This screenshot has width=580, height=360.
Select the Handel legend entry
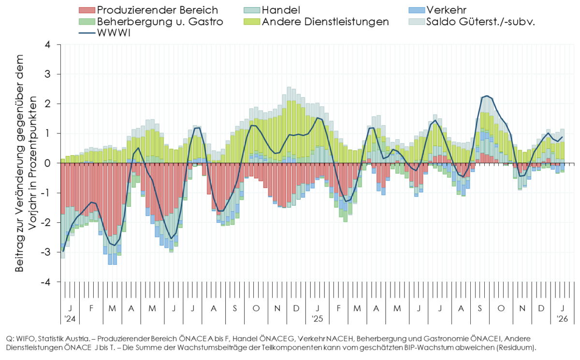[x=280, y=10]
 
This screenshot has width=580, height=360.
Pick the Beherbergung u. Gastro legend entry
[x=159, y=22]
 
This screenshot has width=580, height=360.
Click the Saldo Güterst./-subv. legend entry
[x=479, y=22]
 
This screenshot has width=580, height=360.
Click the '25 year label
[x=317, y=319]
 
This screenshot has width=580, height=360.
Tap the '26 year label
[x=562, y=319]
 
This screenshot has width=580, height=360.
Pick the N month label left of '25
[x=277, y=308]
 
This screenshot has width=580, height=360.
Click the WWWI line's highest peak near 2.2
[x=486, y=96]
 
